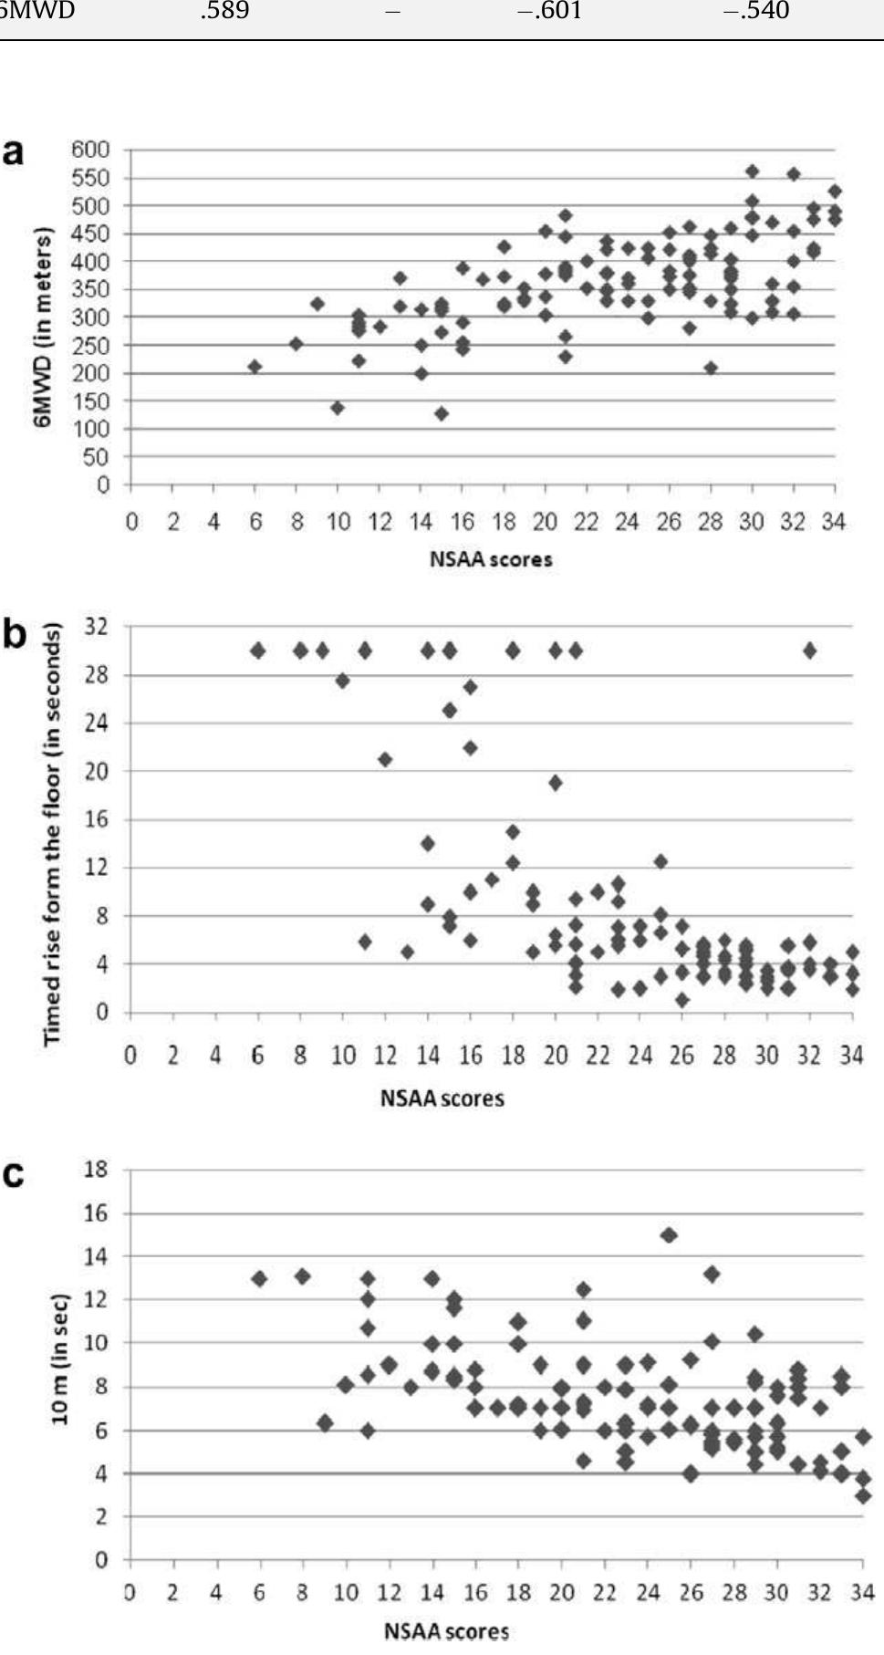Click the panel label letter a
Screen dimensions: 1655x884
coord(13,152)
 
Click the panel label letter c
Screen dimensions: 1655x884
coord(13,1174)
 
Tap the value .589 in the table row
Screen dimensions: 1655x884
coord(224,12)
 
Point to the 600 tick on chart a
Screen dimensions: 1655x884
coord(90,149)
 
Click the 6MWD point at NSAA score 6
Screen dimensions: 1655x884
coord(255,367)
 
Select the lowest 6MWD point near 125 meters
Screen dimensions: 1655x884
coord(442,414)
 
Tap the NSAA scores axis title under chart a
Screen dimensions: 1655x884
coord(491,559)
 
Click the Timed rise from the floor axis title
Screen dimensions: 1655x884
coord(51,834)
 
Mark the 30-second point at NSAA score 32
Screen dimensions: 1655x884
coord(809,651)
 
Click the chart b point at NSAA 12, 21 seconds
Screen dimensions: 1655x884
coord(385,759)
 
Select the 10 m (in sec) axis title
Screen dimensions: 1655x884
coord(60,1359)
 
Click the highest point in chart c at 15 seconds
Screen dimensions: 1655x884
coord(669,1234)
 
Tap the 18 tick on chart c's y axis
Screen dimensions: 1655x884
coord(96,1170)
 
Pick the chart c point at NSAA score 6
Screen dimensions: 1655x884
coord(259,1278)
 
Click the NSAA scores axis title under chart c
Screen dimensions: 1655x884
coord(446,1630)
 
